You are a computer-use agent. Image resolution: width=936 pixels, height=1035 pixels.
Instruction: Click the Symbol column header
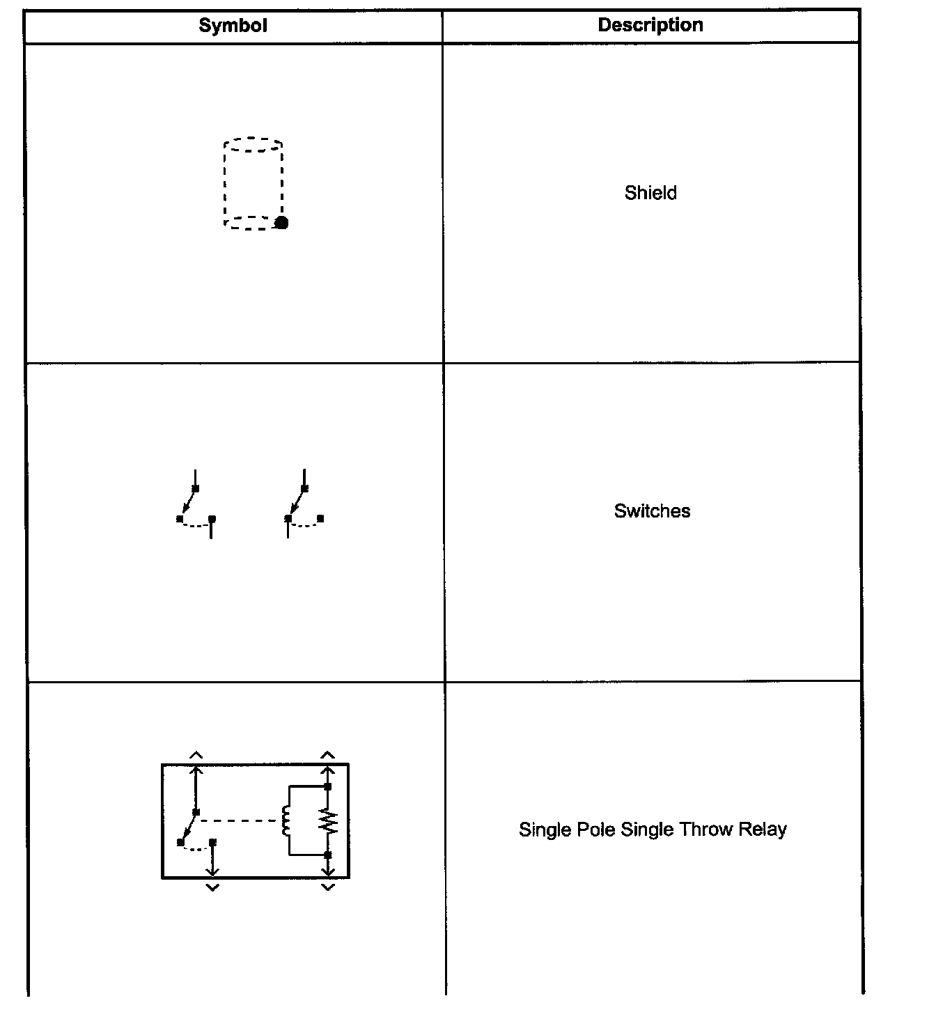pos(233,26)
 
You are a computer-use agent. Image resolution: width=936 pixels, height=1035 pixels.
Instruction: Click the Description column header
pos(650,25)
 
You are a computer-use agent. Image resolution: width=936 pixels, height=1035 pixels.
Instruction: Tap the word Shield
pos(650,193)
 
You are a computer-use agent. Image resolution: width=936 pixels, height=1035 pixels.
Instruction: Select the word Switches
pos(652,511)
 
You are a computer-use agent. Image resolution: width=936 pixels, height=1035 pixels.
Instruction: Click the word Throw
pos(706,830)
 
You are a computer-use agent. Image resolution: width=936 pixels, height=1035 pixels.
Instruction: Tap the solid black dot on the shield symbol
pos(281,223)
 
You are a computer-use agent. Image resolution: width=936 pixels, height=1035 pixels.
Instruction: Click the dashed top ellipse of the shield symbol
pos(253,144)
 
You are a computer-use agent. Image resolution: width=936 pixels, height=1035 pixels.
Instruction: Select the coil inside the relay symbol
pos(286,820)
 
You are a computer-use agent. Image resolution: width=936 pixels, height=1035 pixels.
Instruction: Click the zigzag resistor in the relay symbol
pos(329,822)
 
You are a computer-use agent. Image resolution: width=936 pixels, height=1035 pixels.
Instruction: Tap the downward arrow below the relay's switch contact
pos(212,871)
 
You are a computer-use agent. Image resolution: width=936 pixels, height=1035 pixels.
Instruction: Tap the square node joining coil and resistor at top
pos(328,786)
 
